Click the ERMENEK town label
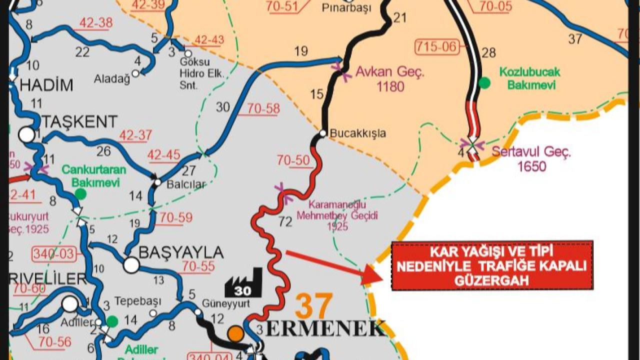click(x=325, y=328)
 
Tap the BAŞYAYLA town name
click(x=180, y=252)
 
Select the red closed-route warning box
click(x=492, y=265)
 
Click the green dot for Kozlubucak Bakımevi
click(x=484, y=82)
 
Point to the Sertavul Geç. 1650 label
click(x=531, y=158)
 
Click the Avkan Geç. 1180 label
click(x=390, y=79)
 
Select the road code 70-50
click(x=293, y=160)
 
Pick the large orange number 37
click(x=313, y=306)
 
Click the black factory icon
click(x=243, y=283)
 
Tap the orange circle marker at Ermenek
click(x=235, y=333)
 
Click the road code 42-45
click(x=163, y=155)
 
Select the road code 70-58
click(x=258, y=108)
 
